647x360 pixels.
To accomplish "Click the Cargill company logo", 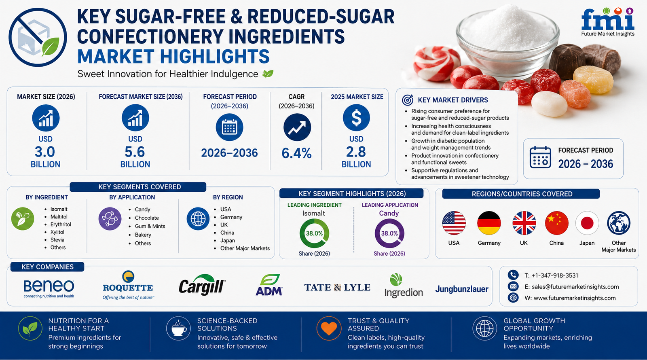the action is coord(202,285).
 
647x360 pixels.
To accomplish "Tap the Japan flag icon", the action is coord(587,223).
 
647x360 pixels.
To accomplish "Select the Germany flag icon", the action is coord(489,223).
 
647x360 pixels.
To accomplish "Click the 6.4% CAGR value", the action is coord(297,153).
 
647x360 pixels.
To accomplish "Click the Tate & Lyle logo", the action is coord(337,288).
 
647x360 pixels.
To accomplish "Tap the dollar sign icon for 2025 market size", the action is coord(356,118).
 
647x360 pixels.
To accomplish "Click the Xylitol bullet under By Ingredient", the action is coord(57,232).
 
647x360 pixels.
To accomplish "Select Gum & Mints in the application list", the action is coord(150,226).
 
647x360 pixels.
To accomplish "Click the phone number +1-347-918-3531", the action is coord(555,275).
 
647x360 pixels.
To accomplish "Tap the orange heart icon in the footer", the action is coord(329,328).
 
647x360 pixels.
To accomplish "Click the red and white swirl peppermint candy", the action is coord(436,64).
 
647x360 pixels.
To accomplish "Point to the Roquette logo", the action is coord(128,285).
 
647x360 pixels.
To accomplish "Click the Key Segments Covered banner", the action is coord(138,187).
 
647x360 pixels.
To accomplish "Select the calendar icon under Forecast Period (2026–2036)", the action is coord(229,127).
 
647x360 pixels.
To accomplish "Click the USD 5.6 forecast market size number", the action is coord(135,152).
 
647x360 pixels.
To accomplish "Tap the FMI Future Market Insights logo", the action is coord(608,22).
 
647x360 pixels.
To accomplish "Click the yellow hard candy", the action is coord(593,79).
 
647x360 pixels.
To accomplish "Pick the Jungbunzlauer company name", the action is coord(461,289).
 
